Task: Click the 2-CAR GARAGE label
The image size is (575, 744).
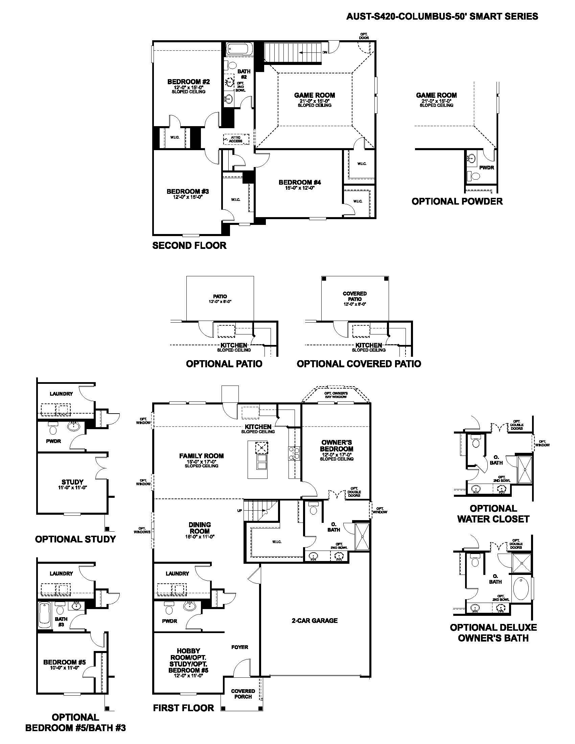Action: [315, 620]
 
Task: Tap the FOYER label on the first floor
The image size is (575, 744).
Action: [239, 647]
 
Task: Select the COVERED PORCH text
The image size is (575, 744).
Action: [243, 694]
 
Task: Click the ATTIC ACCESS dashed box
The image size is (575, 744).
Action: [236, 139]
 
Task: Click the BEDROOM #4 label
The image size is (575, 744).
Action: [300, 182]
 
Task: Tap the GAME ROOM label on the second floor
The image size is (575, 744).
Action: [315, 95]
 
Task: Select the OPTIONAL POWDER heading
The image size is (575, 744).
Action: [457, 201]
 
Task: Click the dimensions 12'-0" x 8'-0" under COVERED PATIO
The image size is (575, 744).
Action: [354, 304]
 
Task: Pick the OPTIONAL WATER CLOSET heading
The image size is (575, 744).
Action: [493, 514]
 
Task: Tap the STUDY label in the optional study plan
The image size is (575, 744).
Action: [72, 482]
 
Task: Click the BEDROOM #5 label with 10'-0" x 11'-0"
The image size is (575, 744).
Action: [64, 662]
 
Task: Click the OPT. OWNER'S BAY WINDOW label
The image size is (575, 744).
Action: [336, 395]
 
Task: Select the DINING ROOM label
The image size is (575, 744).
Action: [200, 528]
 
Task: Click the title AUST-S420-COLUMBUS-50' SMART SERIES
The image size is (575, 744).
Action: [442, 16]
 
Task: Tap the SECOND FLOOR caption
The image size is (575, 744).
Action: [189, 245]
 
